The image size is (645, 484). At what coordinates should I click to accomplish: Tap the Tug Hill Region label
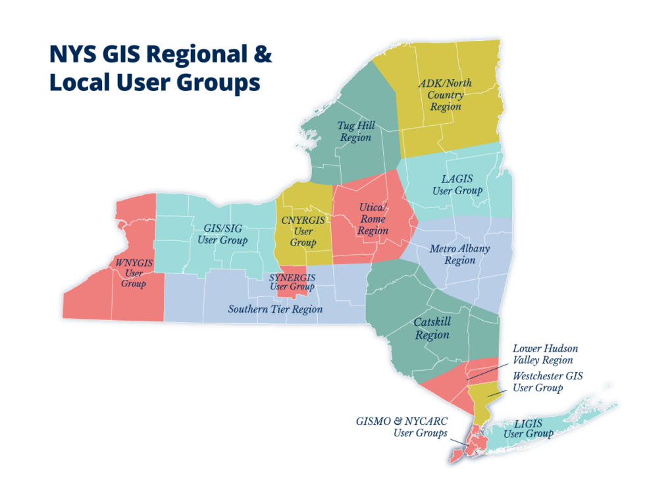(x=355, y=131)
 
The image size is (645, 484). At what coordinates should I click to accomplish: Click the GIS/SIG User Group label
(x=222, y=234)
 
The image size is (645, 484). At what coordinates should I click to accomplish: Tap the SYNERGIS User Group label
(x=292, y=282)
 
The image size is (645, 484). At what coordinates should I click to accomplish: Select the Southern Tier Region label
(x=275, y=309)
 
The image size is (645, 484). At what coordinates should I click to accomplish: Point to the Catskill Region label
(x=432, y=328)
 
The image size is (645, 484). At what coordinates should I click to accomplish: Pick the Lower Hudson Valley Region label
(x=545, y=354)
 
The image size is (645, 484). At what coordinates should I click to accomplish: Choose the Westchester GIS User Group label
(x=548, y=382)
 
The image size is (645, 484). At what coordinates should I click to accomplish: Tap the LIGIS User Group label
(x=529, y=427)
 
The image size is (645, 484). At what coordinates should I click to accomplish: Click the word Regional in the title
(x=195, y=54)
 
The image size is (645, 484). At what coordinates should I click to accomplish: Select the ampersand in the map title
(x=262, y=54)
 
